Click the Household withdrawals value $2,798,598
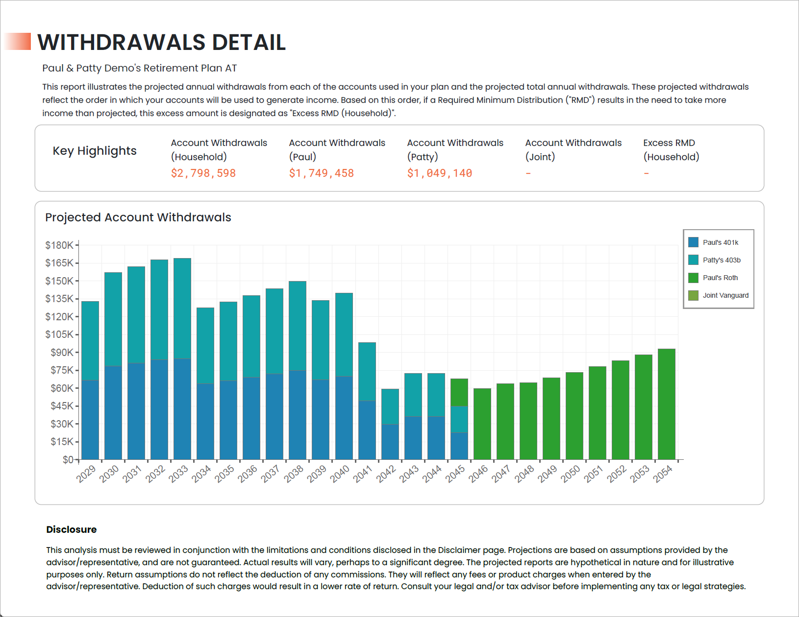(x=203, y=173)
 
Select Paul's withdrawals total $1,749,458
(x=322, y=173)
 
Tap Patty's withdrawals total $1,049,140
(x=439, y=173)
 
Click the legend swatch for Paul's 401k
(x=693, y=242)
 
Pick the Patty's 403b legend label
(x=722, y=260)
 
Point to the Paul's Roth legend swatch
(x=693, y=278)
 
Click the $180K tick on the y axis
(x=59, y=245)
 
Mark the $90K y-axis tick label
(x=62, y=353)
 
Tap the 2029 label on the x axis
(x=86, y=474)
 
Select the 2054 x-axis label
(x=663, y=474)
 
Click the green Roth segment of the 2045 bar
(x=459, y=393)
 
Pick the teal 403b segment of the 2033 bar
(x=182, y=308)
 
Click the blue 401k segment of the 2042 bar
(x=390, y=442)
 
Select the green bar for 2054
(x=667, y=404)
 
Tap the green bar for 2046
(x=482, y=424)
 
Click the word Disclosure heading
(x=72, y=529)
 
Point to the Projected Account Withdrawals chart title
(x=138, y=217)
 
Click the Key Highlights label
(x=95, y=151)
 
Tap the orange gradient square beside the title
(x=17, y=41)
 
